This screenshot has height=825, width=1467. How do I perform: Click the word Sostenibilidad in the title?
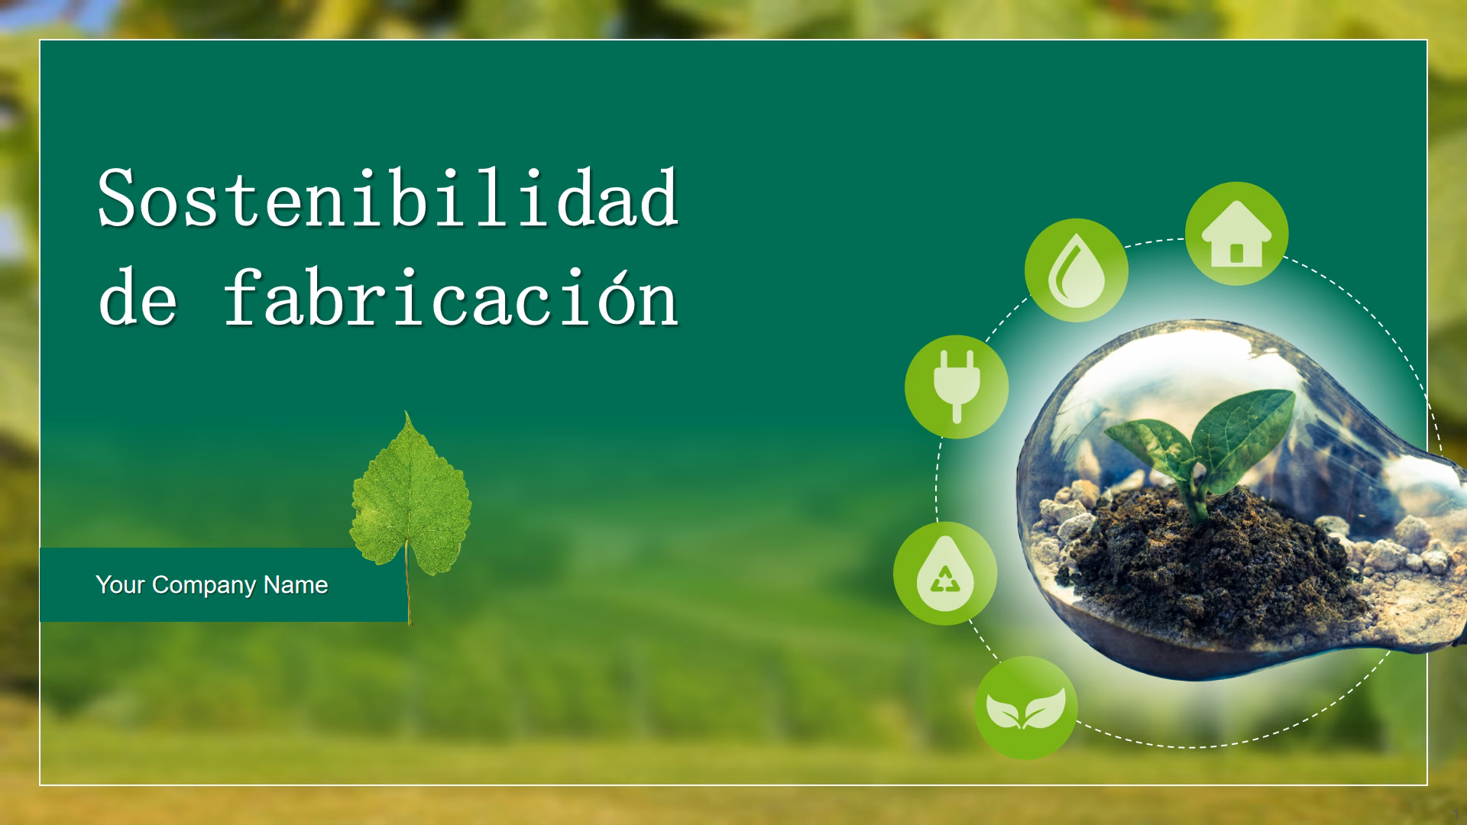(388, 199)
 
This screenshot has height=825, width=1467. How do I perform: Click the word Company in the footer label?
(204, 585)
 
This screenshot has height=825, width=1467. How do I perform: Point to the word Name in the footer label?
(296, 585)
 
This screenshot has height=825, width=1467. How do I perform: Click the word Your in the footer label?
(121, 585)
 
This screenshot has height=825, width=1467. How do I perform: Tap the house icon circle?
(1236, 234)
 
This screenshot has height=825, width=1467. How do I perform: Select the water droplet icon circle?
(1076, 270)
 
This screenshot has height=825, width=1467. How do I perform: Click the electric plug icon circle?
(957, 387)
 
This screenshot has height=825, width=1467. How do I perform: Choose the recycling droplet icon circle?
(945, 574)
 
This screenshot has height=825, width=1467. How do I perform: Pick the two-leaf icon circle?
(1025, 708)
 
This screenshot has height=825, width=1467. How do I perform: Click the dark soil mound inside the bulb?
(1207, 558)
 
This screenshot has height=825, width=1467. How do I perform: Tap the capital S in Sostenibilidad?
(117, 199)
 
